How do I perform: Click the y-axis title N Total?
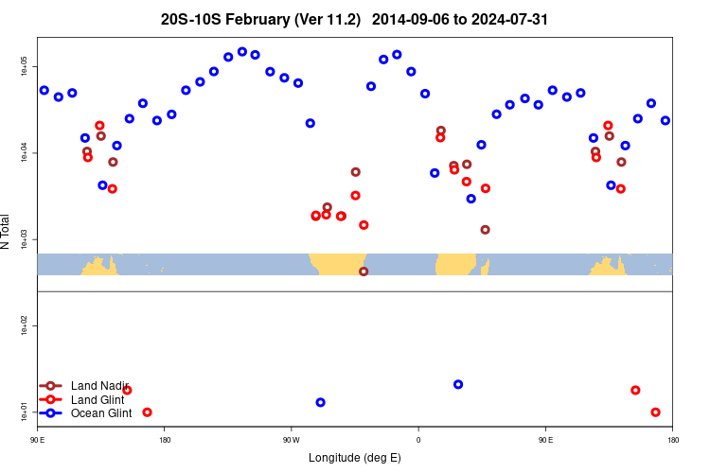(6, 232)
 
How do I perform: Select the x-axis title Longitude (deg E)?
(354, 458)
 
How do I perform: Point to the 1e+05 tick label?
(25, 67)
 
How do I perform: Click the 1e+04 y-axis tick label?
(25, 153)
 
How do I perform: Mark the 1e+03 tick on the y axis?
(25, 239)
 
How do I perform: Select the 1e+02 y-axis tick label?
(25, 325)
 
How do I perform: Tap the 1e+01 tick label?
(25, 412)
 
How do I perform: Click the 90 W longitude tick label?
(291, 440)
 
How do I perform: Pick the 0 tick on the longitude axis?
(418, 440)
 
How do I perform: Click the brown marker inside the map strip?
(364, 272)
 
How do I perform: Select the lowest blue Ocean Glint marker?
(320, 402)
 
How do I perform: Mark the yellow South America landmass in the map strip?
(339, 264)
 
